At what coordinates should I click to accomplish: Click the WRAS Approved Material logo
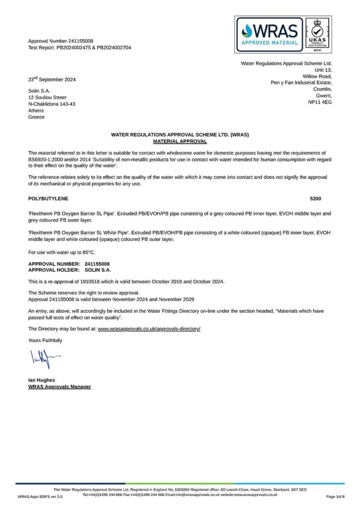click(x=269, y=34)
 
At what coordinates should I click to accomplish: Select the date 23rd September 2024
click(x=52, y=79)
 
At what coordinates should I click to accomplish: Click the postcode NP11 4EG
click(x=320, y=102)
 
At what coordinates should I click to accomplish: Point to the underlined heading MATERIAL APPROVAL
click(x=180, y=141)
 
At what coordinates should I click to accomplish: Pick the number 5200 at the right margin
click(x=315, y=198)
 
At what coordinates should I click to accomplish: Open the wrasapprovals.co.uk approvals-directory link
click(x=149, y=329)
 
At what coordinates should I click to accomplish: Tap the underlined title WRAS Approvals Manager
click(x=60, y=386)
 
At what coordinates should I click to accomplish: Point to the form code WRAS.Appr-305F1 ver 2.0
click(x=40, y=496)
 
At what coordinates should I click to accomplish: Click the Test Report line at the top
click(x=79, y=48)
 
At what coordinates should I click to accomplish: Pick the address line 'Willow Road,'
click(x=317, y=76)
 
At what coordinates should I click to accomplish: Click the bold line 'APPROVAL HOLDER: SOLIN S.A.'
click(x=70, y=270)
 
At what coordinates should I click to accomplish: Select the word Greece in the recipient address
click(x=36, y=117)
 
